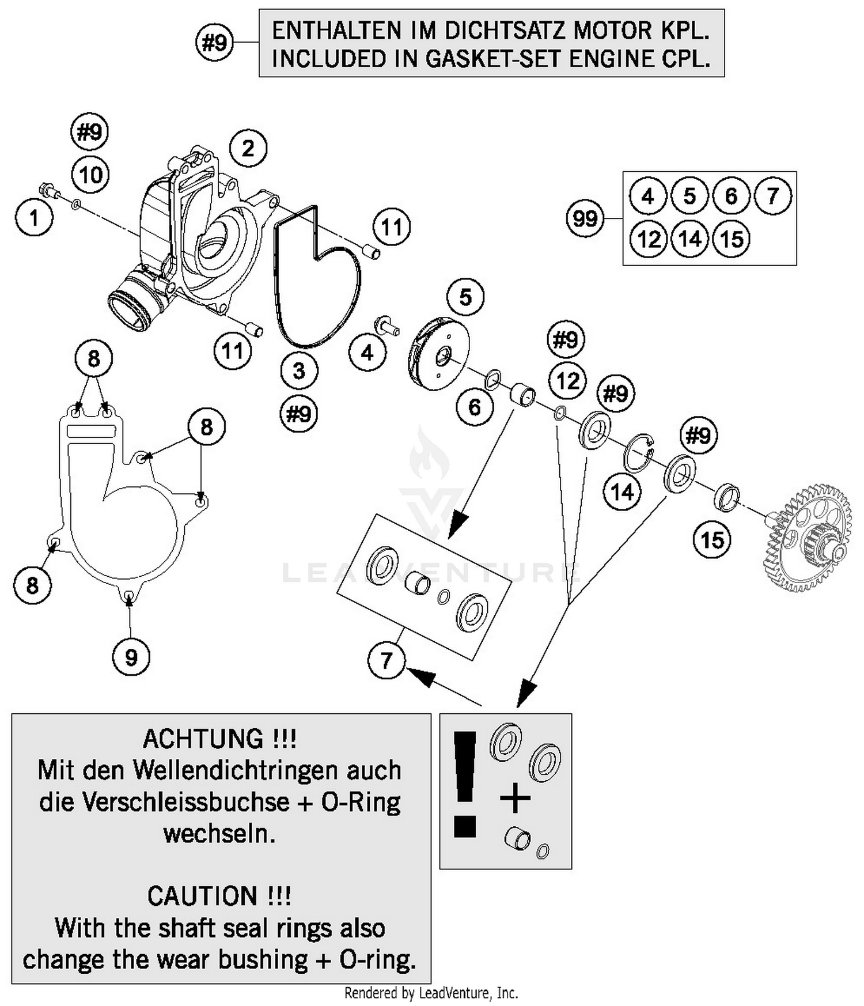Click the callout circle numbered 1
point(34,218)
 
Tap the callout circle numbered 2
point(248,148)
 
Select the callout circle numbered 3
point(299,370)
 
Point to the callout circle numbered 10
point(91,175)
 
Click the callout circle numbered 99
point(585,218)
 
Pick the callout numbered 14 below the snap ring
point(622,493)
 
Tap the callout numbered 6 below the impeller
point(475,407)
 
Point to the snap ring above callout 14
point(639,453)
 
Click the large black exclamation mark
point(465,784)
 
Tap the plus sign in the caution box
point(515,799)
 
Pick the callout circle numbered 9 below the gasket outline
point(131,657)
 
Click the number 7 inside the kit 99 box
point(772,196)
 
